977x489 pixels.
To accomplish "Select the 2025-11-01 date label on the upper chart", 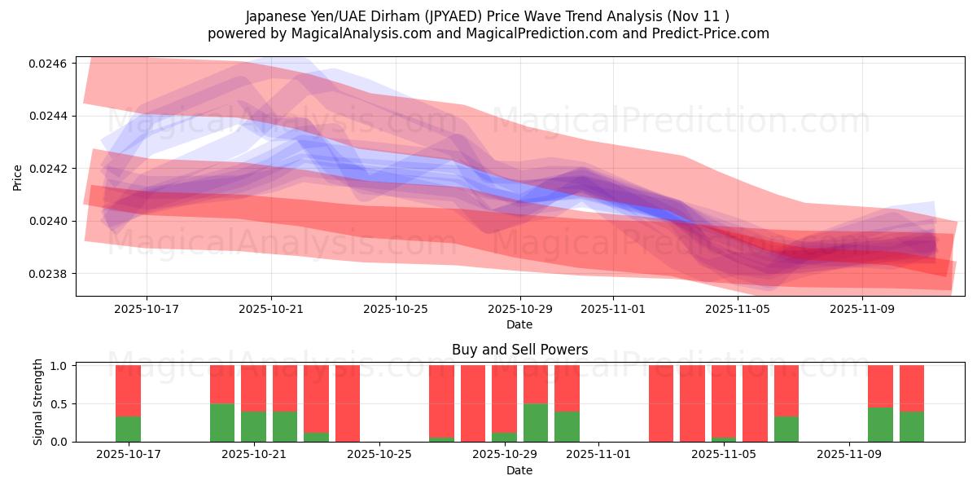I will click(x=613, y=310).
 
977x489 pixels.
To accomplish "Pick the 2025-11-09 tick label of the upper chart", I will click(x=862, y=310).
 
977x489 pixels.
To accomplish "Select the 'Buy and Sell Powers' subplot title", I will click(x=519, y=350).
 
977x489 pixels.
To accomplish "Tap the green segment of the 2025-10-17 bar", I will click(x=128, y=429).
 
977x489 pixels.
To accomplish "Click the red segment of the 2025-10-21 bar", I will click(x=253, y=388).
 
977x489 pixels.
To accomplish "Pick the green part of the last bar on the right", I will click(x=912, y=426).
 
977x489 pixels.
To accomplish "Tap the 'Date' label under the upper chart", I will click(x=519, y=324).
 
